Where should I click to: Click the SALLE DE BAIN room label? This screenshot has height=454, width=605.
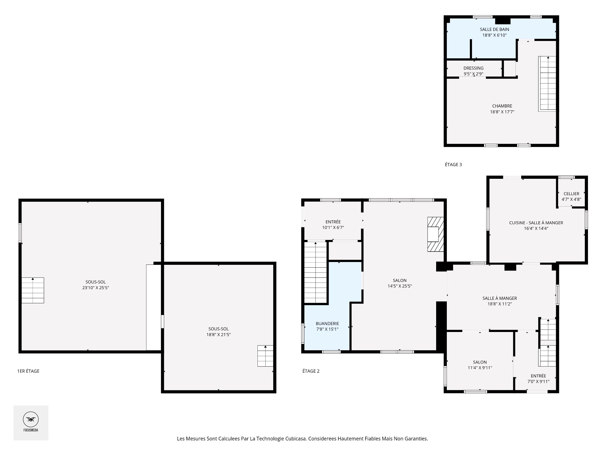click(494, 29)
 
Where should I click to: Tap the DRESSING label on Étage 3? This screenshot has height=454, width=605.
click(473, 68)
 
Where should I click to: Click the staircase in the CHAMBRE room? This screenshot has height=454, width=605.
click(547, 84)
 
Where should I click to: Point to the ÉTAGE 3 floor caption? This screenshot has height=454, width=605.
click(453, 165)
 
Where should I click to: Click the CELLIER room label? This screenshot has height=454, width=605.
click(571, 194)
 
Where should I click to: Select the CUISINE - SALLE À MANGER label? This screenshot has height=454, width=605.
click(536, 223)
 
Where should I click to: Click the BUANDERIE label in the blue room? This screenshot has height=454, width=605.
click(327, 323)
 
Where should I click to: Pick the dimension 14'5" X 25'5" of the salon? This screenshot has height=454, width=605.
click(400, 286)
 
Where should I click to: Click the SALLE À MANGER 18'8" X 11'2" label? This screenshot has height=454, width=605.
click(499, 301)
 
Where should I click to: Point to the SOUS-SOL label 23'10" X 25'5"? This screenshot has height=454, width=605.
click(95, 285)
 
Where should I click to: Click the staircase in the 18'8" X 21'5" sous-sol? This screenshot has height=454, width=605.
click(265, 356)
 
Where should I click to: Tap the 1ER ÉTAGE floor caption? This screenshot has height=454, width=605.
click(28, 371)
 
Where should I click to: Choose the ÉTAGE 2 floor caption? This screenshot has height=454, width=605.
click(311, 371)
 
